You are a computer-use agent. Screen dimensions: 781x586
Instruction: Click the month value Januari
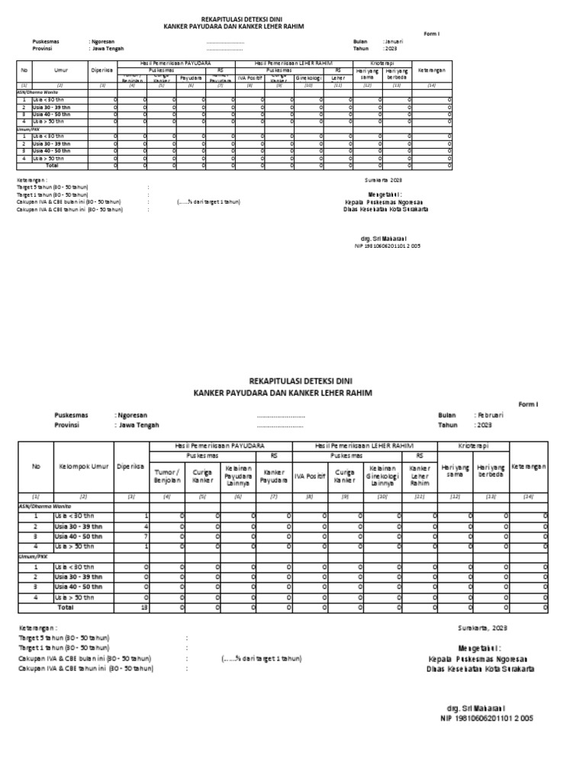coord(405,41)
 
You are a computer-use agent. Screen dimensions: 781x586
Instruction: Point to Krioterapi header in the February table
coord(473,445)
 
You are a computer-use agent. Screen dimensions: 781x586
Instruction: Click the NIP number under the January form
coord(387,246)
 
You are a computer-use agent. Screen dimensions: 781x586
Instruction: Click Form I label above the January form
coord(432,34)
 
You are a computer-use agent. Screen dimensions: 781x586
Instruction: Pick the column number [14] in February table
coord(527,497)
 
